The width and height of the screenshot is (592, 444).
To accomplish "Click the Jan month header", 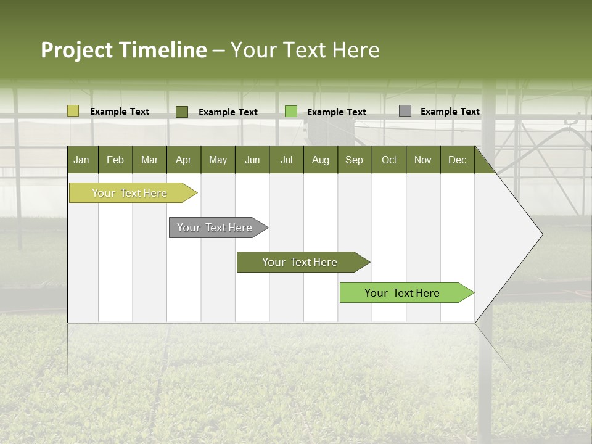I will pyautogui.click(x=82, y=160).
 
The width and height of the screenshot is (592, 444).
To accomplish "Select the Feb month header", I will pyautogui.click(x=115, y=160).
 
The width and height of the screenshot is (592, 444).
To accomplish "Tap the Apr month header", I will pyautogui.click(x=184, y=160).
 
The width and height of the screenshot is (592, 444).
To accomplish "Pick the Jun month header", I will pyautogui.click(x=252, y=160).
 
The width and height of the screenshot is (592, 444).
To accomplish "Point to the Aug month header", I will pyautogui.click(x=321, y=160).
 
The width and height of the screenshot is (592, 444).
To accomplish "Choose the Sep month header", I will pyautogui.click(x=355, y=160).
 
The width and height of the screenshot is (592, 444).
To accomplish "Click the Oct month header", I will pyautogui.click(x=389, y=160).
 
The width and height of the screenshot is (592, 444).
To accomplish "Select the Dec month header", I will pyautogui.click(x=458, y=160).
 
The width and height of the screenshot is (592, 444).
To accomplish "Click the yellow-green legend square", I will pyautogui.click(x=73, y=111).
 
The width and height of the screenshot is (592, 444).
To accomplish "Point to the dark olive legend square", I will pyautogui.click(x=181, y=112).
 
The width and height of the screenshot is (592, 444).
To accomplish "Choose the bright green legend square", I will pyautogui.click(x=290, y=112).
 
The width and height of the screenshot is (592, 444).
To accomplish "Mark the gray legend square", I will pyautogui.click(x=405, y=111).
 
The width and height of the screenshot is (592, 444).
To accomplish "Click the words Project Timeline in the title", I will pyautogui.click(x=124, y=50).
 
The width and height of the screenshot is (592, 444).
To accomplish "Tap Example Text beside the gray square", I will pyautogui.click(x=450, y=112).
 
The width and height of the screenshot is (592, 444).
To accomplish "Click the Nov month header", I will pyautogui.click(x=423, y=160).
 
